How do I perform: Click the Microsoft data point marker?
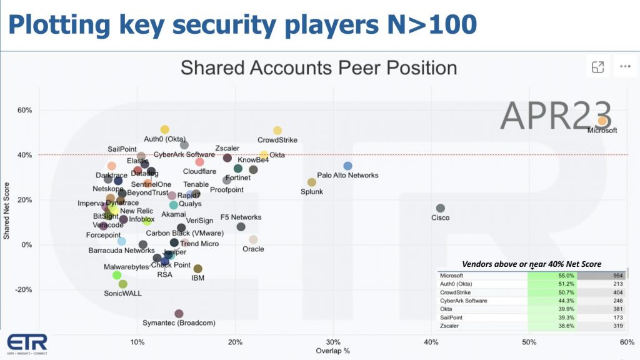click(x=602, y=121)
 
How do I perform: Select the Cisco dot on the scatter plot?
click(x=441, y=208)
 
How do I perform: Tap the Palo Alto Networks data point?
click(x=348, y=166)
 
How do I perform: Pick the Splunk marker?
click(x=312, y=182)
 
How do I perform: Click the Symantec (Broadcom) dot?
click(x=179, y=314)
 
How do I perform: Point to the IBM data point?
click(x=198, y=269)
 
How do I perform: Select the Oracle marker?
click(x=253, y=239)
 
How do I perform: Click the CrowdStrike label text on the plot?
click(x=277, y=140)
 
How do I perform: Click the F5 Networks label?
click(x=241, y=217)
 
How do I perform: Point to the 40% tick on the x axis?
click(x=431, y=341)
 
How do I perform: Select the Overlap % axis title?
click(x=332, y=351)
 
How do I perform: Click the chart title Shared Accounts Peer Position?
click(x=318, y=67)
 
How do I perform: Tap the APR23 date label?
click(x=555, y=115)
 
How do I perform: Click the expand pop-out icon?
click(x=598, y=66)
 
